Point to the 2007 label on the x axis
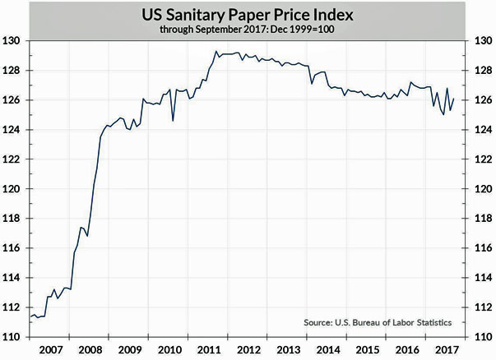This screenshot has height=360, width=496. coord(51,348)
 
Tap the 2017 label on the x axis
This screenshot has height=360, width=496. coord(448,348)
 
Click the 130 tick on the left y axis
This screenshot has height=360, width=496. coord(14,41)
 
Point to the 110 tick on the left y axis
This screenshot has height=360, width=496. coord(14,336)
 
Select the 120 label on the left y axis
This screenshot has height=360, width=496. coord(14,189)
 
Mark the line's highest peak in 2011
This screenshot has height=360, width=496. coord(216,52)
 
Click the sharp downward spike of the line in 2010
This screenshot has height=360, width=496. coord(173,121)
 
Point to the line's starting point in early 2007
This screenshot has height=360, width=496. coord(30,317)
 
